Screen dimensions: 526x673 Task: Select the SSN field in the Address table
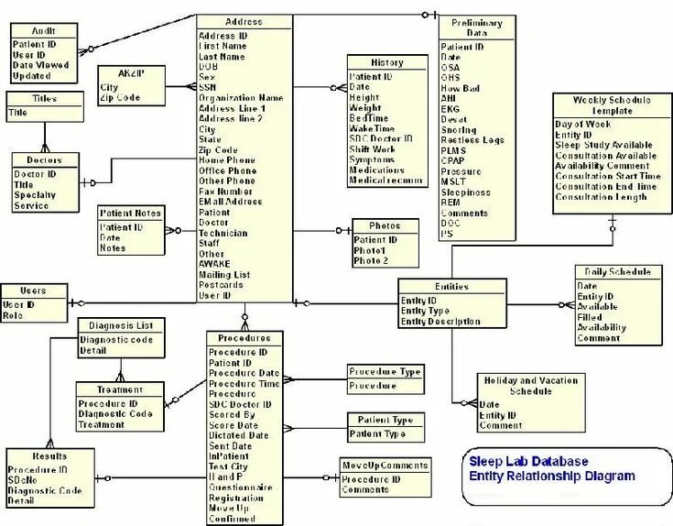[x=208, y=86]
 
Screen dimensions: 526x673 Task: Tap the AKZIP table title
[x=131, y=72]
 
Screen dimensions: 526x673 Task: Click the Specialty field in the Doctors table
[x=35, y=195]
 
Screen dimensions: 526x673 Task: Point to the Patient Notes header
[x=130, y=213]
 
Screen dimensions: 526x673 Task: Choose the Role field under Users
[x=13, y=315]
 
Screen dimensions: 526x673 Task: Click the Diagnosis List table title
[x=121, y=325]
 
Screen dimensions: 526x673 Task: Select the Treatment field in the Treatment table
[x=101, y=425]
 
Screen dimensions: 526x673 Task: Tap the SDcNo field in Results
[x=23, y=480]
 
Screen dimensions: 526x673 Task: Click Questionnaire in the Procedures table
[x=240, y=487]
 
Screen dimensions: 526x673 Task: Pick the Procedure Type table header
[x=385, y=371]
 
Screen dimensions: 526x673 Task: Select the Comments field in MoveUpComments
[x=365, y=490]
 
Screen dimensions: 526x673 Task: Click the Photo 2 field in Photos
[x=371, y=261]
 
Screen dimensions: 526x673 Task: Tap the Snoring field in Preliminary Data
[x=459, y=129]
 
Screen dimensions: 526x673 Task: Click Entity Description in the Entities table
[x=440, y=322]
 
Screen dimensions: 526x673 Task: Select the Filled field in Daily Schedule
[x=590, y=317]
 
